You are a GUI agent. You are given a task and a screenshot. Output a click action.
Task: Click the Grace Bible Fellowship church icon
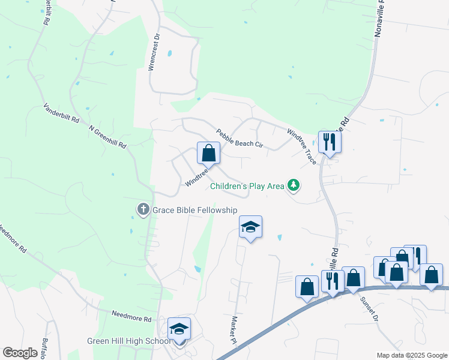tap(143, 209)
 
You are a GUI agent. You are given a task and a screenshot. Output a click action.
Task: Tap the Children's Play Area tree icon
tap(294, 185)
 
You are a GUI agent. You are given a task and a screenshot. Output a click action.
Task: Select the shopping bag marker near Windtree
tap(208, 153)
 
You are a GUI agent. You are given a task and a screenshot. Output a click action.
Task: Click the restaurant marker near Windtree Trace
tap(330, 142)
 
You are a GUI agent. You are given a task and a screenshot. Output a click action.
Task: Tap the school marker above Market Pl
tap(250, 227)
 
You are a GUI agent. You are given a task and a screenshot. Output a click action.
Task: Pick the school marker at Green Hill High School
tap(179, 329)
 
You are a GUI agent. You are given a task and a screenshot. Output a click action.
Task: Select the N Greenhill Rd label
tap(107, 136)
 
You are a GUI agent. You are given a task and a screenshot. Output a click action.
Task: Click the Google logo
tap(20, 353)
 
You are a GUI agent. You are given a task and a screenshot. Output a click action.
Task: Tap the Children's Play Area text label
tap(247, 186)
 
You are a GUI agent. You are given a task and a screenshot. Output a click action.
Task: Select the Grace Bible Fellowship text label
tap(194, 210)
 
